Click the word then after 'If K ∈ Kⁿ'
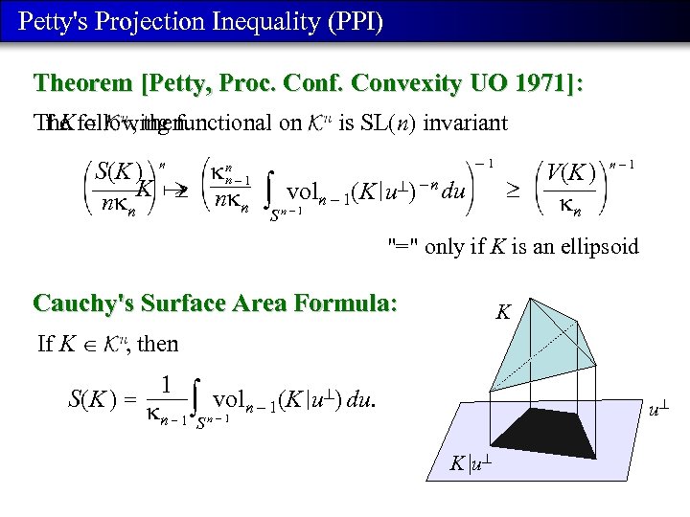[x=158, y=343]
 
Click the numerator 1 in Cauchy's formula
[x=166, y=384]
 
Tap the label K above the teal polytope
[x=502, y=311]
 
